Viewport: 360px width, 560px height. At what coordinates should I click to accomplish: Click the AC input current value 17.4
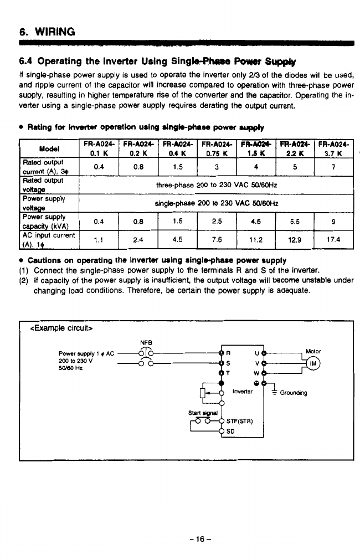pos(333,240)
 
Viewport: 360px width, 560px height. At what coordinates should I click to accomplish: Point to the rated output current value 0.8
pos(138,166)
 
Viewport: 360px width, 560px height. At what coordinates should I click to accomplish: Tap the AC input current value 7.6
pos(217,240)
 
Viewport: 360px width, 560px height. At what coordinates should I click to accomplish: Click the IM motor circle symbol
pos(314,364)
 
